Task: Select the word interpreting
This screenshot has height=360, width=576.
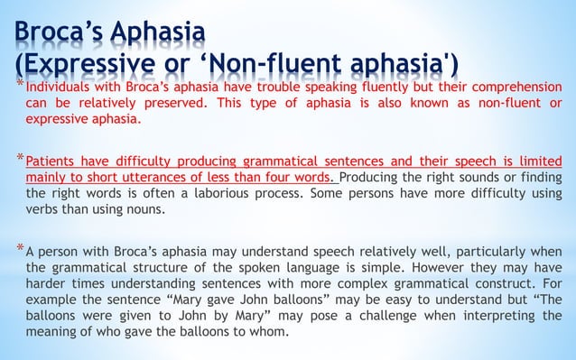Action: (486, 314)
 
